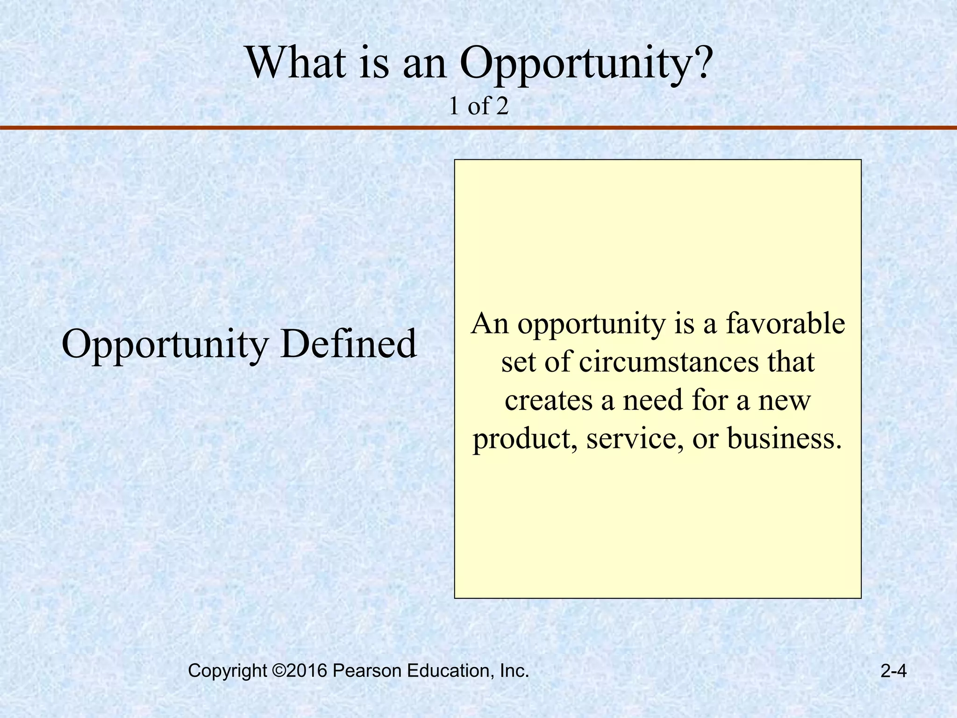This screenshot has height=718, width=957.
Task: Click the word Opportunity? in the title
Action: [x=586, y=64]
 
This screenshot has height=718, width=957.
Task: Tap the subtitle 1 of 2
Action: [x=478, y=107]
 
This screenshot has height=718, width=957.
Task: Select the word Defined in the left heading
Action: [x=348, y=344]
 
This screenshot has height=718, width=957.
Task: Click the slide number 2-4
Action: [x=893, y=671]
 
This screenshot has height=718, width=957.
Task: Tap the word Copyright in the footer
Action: [x=227, y=671]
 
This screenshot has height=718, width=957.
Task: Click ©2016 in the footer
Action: [x=299, y=671]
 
